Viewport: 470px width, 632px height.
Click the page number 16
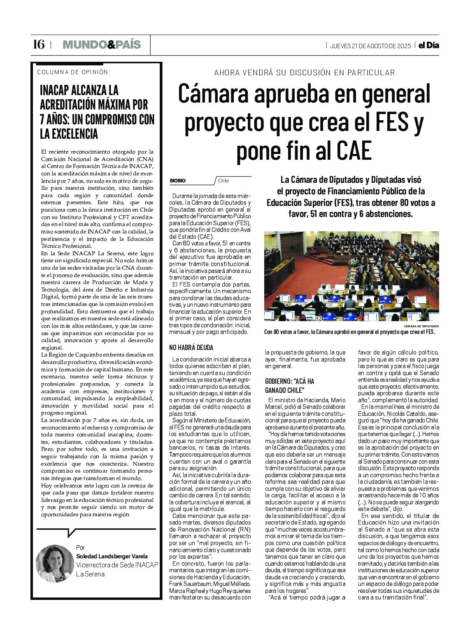(x=39, y=44)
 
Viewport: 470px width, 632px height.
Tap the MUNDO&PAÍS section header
(x=102, y=44)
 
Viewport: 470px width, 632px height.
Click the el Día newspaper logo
(x=428, y=45)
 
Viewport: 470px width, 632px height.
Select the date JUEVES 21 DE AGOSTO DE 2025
(x=370, y=46)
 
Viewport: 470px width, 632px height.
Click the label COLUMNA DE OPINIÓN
(x=73, y=72)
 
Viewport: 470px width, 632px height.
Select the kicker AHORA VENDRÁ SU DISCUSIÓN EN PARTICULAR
(x=304, y=73)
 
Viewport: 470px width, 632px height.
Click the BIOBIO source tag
(x=178, y=181)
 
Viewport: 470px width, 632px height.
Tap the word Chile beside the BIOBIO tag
(x=223, y=181)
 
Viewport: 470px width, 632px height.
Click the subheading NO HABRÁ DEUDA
(x=191, y=347)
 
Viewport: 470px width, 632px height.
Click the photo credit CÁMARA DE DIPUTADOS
(x=421, y=326)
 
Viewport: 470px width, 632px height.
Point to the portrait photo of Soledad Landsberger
(x=55, y=563)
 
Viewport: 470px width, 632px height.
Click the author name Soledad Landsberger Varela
(x=112, y=556)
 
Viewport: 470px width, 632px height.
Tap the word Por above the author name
(x=80, y=547)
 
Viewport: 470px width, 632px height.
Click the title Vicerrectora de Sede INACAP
(x=117, y=565)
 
